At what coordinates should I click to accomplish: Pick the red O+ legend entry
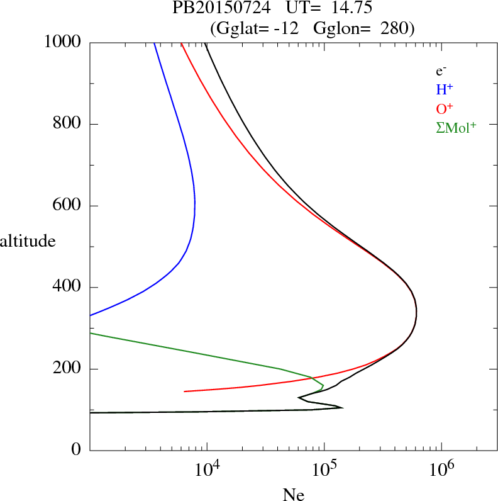click(x=445, y=108)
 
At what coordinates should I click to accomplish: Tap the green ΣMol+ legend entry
click(x=456, y=127)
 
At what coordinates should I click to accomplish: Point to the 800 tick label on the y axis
click(x=68, y=124)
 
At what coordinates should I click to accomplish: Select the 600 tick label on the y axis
click(x=68, y=206)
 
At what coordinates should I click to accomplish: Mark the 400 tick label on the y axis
click(x=68, y=288)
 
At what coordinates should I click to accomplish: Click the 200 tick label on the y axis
click(x=68, y=369)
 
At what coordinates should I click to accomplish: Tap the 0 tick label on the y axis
click(x=77, y=451)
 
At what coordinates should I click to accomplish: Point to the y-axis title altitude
click(x=28, y=240)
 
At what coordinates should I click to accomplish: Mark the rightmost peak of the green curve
click(x=323, y=385)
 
